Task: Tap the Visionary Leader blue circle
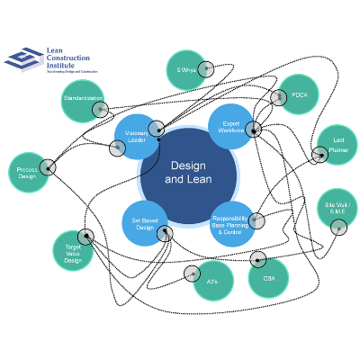137,137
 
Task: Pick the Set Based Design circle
145,223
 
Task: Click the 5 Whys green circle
185,70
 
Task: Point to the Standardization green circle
82,100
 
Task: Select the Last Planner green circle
337,145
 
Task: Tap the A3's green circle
212,280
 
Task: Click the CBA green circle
268,277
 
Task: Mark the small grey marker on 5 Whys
205,69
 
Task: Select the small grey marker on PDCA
277,98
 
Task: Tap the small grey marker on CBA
258,261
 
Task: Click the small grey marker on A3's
192,274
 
